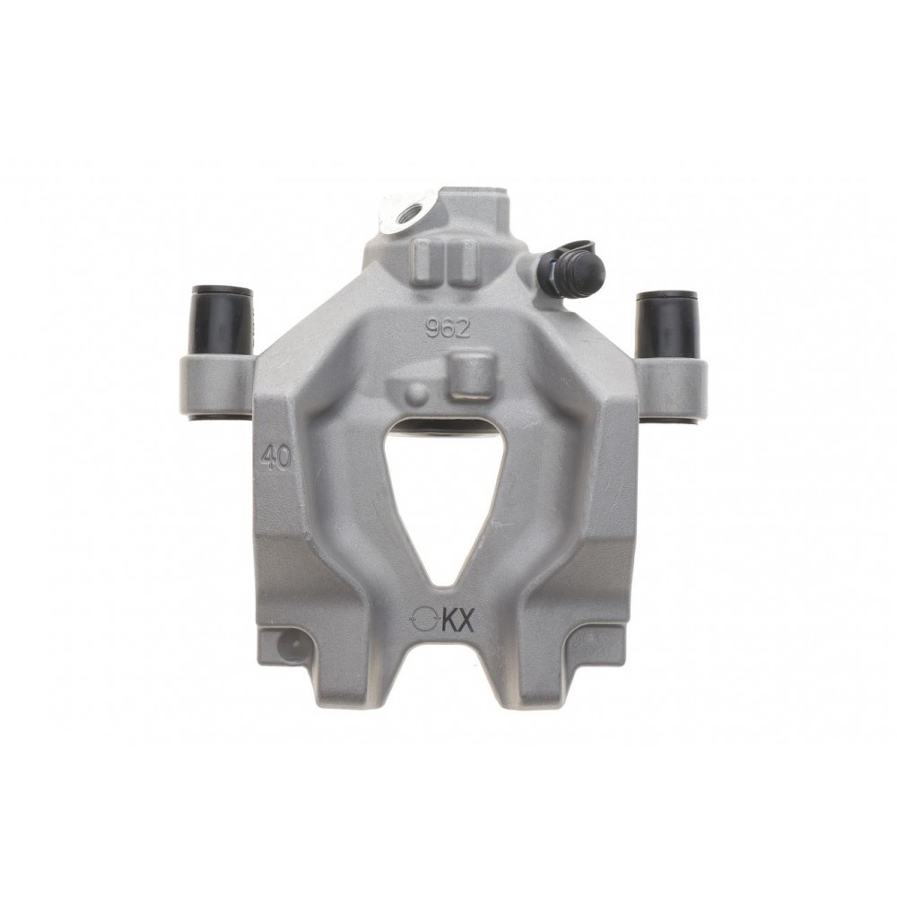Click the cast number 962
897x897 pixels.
448,328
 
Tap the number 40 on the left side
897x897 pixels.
275,457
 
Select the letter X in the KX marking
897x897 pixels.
466,620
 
